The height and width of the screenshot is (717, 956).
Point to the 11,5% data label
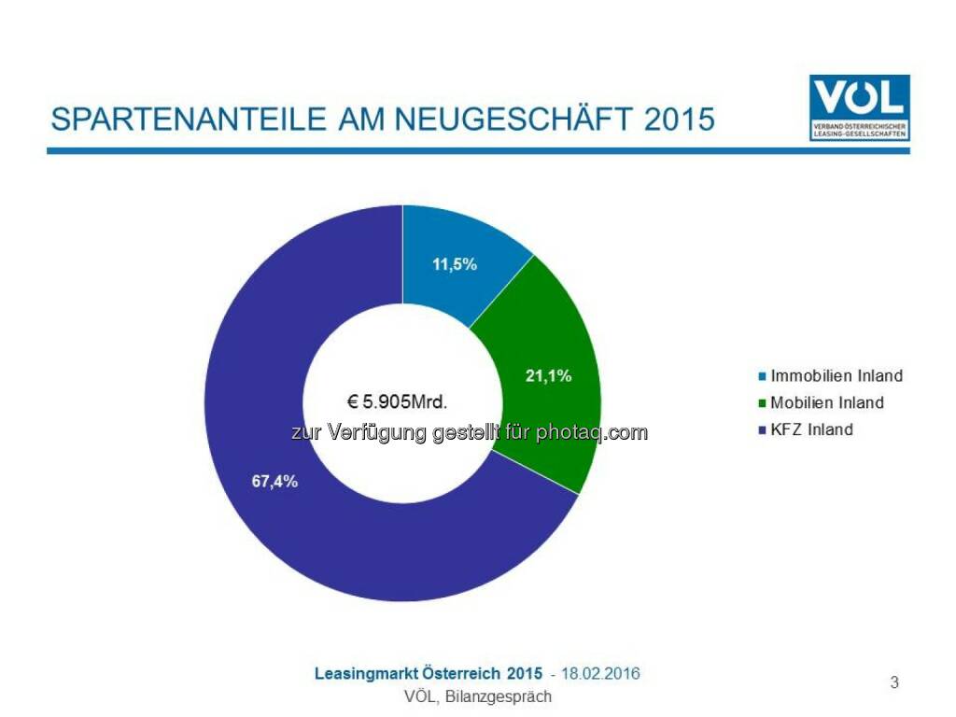click(455, 264)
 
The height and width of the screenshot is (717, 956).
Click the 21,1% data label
click(548, 376)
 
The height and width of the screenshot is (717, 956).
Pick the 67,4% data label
click(274, 482)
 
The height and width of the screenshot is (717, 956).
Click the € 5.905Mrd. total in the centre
click(398, 402)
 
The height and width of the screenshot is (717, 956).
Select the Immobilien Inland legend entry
click(836, 376)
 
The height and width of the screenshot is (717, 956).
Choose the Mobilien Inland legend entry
click(826, 403)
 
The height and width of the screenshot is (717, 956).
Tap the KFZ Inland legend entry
click(811, 429)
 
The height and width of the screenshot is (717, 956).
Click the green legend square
click(762, 403)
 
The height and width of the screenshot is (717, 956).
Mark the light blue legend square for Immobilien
click(762, 377)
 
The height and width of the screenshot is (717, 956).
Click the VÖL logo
click(860, 107)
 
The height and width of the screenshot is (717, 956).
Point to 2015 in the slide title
click(680, 119)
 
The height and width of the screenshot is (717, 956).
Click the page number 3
click(894, 682)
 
